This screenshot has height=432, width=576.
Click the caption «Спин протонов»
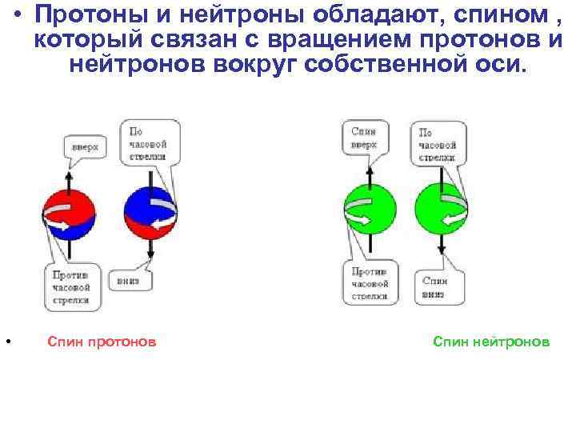102,342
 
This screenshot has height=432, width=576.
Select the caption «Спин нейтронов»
491,342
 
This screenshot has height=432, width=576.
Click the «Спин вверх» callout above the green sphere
364,137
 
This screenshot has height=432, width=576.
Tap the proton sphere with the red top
69,215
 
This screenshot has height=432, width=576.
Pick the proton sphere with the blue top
150,214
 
